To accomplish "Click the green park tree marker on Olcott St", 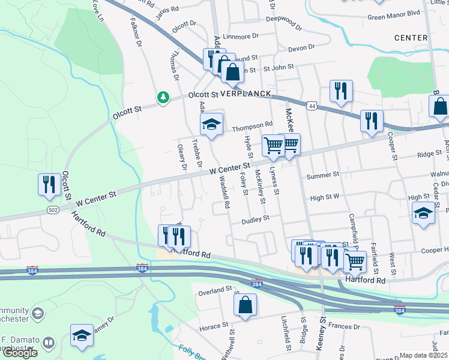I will pos(163,97).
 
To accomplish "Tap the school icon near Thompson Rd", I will pos(211,125).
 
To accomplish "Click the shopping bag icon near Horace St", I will pos(245,305).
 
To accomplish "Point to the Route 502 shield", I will pos(52,209).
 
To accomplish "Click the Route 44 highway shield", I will pos(310,106).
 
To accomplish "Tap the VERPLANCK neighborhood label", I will pos(246,94).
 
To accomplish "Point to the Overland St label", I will pos(214,290).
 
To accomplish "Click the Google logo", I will pos(20,352).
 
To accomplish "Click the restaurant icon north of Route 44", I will pos(341,91).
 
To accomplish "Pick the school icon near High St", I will pos(423,213).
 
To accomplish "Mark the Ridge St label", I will pos(429,154).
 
